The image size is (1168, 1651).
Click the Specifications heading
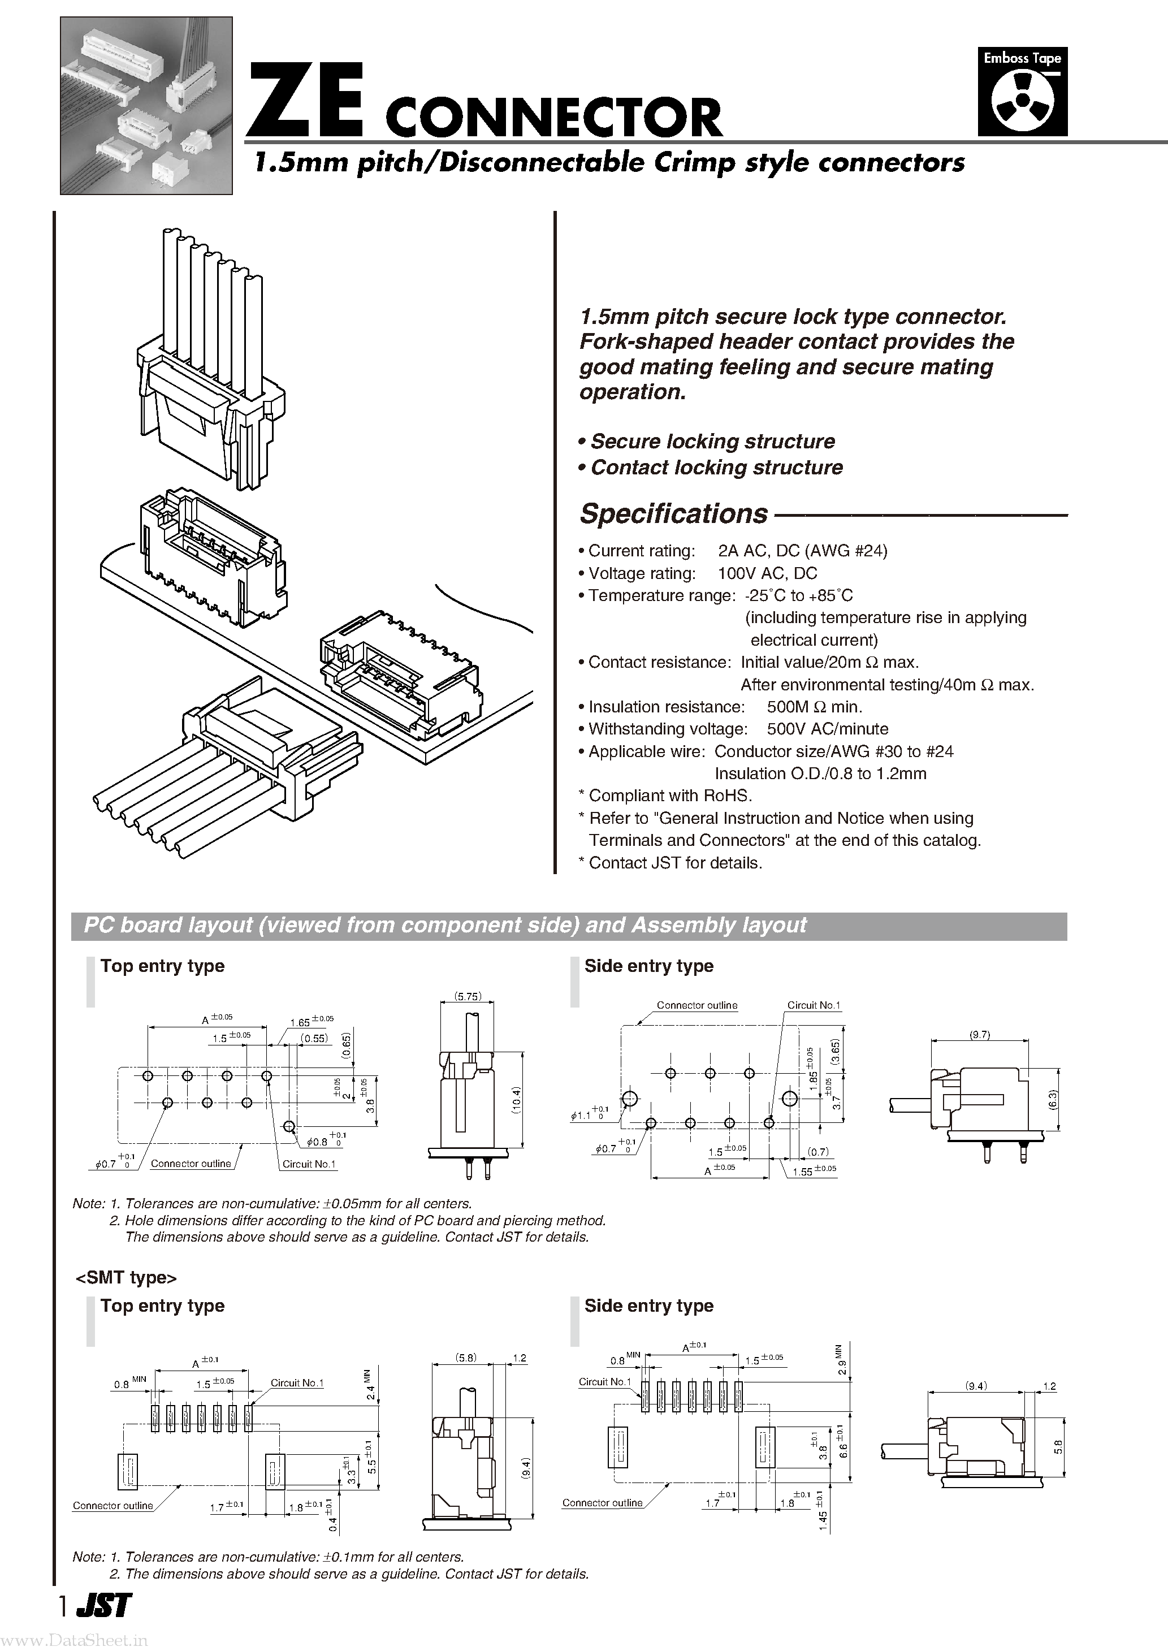(674, 513)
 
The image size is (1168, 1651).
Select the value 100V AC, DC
(767, 573)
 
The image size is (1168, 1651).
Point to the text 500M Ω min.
(814, 707)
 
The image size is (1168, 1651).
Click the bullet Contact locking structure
(716, 468)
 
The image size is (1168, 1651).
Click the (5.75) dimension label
(468, 997)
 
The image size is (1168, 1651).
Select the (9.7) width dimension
(980, 1035)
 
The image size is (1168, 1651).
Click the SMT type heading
(127, 1277)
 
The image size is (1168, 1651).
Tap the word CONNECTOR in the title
(554, 119)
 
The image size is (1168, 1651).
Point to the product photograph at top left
(146, 106)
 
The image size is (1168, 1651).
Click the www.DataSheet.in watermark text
(74, 1641)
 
